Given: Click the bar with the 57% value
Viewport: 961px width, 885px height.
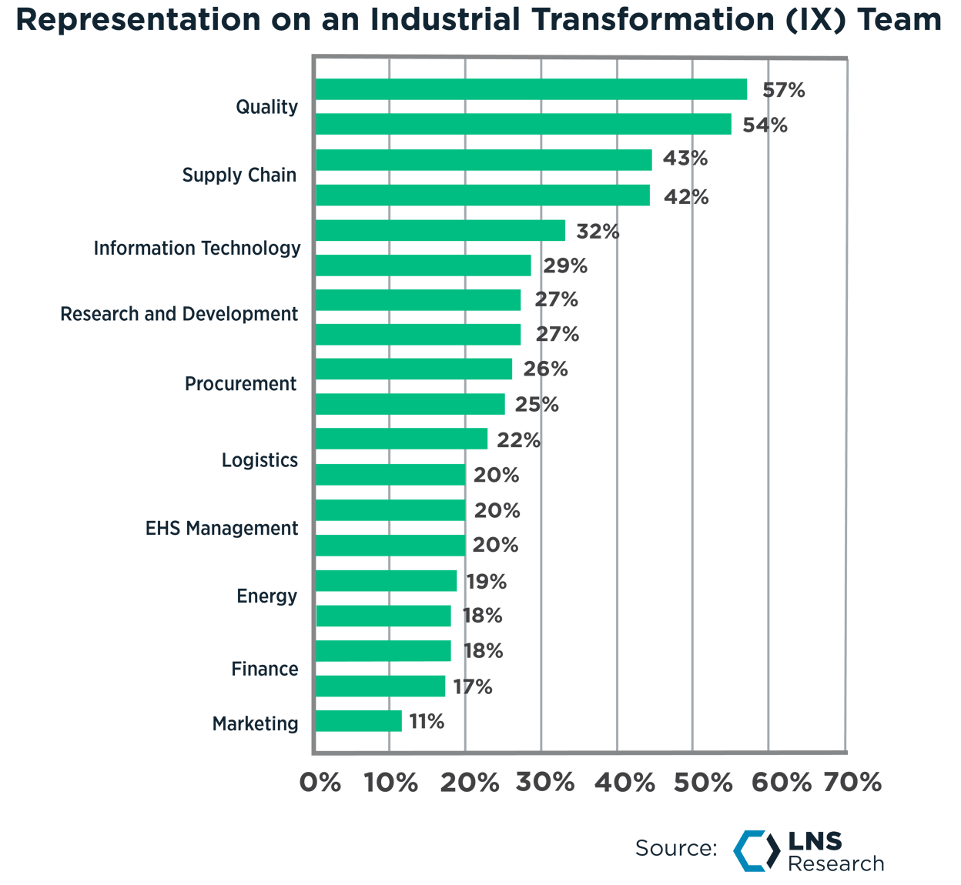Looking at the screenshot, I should [x=531, y=89].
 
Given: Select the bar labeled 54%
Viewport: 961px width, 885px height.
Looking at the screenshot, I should [x=524, y=125].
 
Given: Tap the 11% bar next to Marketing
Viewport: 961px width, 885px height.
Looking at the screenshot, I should [x=359, y=721].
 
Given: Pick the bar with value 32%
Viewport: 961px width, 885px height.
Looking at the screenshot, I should [x=440, y=231].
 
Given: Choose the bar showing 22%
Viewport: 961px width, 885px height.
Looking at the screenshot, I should [x=402, y=439].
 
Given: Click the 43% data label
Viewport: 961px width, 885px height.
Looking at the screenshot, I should [x=685, y=159].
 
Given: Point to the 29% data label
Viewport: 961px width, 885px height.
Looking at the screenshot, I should [x=565, y=266].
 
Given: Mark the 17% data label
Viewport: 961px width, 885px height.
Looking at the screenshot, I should [x=473, y=686].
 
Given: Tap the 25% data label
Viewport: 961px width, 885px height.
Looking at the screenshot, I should [x=537, y=404].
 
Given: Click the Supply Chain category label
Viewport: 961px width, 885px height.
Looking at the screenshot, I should [x=239, y=175].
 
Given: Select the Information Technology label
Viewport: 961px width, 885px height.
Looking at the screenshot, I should [x=197, y=249].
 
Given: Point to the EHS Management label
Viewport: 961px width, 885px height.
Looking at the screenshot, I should [x=222, y=529].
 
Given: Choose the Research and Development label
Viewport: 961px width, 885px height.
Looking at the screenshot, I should [x=179, y=315].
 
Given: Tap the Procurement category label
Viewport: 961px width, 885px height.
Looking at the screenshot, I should [x=240, y=384].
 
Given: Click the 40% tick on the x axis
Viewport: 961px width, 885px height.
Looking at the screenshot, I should [x=625, y=783].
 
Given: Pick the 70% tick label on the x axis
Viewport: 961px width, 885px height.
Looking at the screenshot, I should [x=852, y=783].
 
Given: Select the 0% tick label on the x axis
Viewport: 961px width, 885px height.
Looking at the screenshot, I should [x=320, y=783].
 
